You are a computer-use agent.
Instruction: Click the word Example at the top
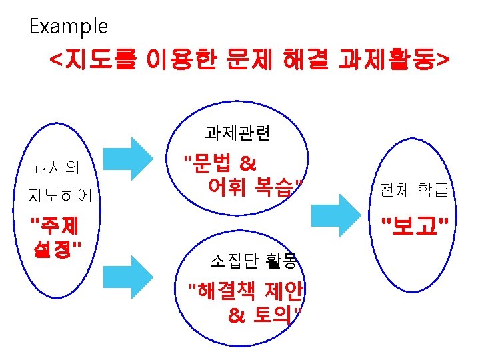tap(68, 27)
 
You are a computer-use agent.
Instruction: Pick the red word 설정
tap(54, 251)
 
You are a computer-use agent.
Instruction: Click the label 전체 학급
tap(414, 191)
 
